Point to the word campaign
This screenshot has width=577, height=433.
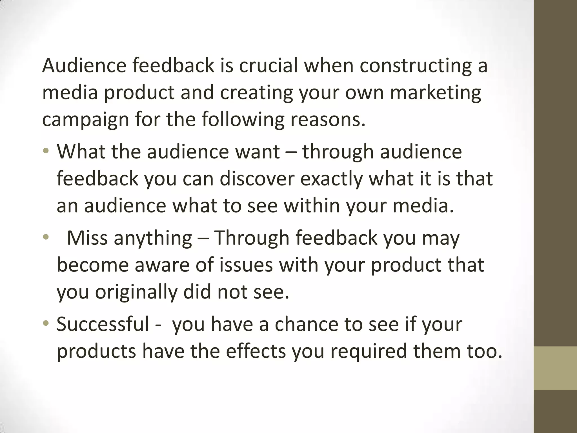pyautogui.click(x=85, y=120)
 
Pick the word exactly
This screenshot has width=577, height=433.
pyautogui.click(x=331, y=179)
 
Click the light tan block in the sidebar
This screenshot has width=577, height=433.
pyautogui.click(x=555, y=368)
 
